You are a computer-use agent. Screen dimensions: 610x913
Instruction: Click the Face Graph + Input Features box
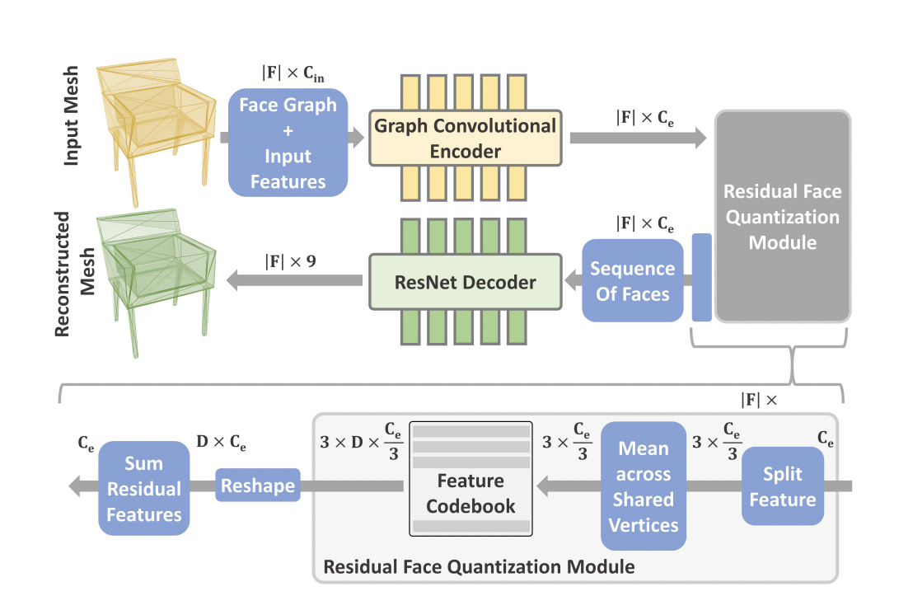pos(288,143)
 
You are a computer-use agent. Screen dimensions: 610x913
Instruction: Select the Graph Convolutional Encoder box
pos(466,139)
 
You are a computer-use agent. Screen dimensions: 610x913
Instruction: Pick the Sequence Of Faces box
pos(632,281)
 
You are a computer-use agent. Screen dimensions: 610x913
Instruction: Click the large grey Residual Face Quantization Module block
pos(783,216)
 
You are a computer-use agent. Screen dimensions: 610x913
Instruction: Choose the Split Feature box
pos(782,486)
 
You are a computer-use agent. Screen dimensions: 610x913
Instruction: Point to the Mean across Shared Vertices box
pos(643,486)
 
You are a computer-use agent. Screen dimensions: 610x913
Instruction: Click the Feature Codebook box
pos(471,481)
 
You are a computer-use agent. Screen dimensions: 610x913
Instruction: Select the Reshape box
pos(258,486)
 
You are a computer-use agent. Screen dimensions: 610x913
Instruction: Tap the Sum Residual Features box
pos(144,488)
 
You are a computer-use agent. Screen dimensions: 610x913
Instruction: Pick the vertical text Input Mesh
pos(72,115)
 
